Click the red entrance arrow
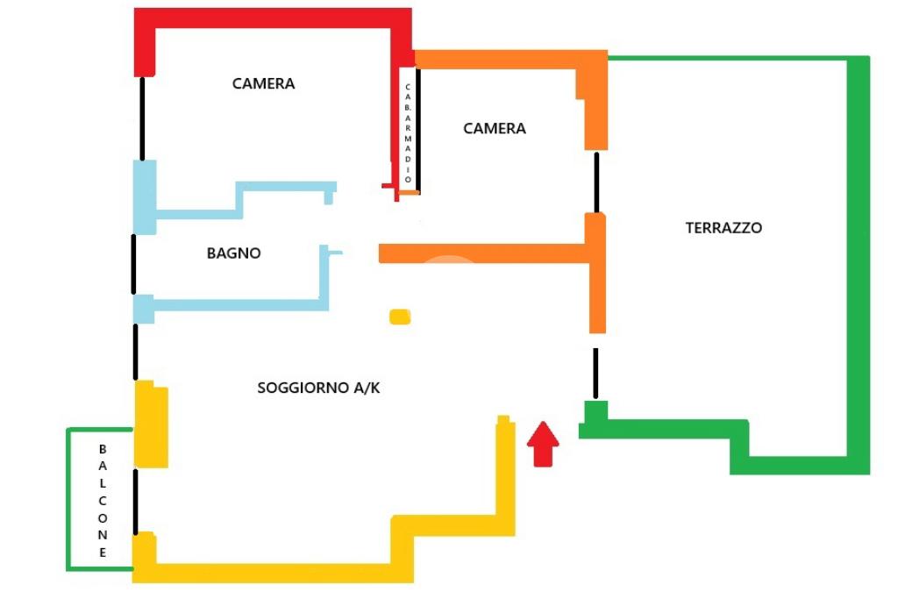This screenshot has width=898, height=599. [x=544, y=443]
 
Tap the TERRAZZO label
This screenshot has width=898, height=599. [x=723, y=228]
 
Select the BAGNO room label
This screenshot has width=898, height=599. [x=234, y=253]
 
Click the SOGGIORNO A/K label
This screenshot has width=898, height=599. [x=318, y=388]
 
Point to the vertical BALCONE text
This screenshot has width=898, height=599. [x=103, y=500]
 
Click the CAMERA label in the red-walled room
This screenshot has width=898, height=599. [x=263, y=84]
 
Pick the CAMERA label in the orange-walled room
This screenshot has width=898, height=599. [x=495, y=129]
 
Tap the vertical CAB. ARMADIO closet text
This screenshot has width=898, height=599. [x=408, y=132]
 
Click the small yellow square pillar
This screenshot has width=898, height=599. [x=400, y=317]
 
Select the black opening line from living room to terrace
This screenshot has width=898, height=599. [x=595, y=373]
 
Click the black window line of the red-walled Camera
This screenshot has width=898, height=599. [x=141, y=118]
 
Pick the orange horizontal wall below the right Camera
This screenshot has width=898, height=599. [x=482, y=253]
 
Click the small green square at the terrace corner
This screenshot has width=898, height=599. [x=596, y=410]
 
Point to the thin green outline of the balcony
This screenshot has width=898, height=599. [x=68, y=500]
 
